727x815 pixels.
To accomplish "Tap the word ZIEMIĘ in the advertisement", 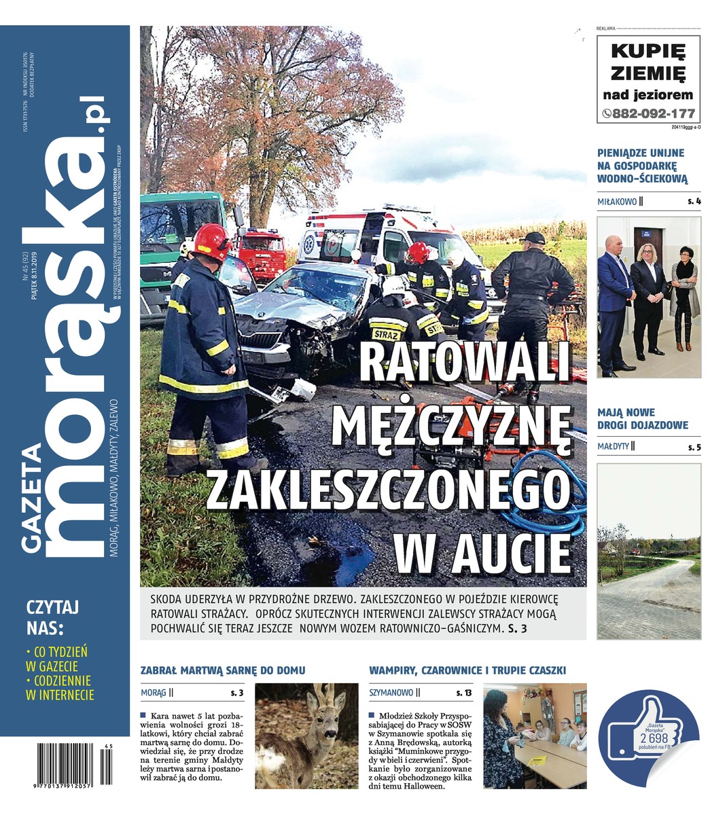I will [648, 72].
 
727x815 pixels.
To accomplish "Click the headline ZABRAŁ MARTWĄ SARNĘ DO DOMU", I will [222, 670].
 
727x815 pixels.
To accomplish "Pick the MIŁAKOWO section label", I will [617, 202].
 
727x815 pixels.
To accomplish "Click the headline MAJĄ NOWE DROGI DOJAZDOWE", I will [642, 418].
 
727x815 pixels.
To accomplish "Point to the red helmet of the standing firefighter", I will [213, 241].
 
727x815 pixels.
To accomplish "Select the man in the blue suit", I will [614, 299].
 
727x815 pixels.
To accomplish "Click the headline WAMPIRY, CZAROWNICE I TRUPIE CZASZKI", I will [467, 670].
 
